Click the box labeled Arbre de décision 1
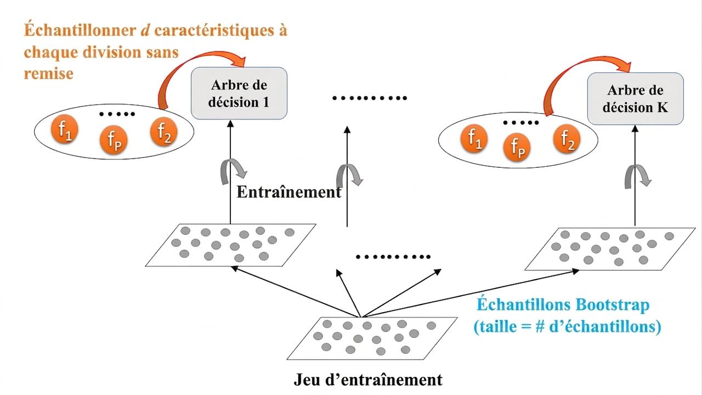(239, 93)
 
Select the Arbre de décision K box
(635, 99)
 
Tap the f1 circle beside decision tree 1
(65, 129)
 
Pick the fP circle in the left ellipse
(114, 139)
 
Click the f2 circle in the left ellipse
(163, 132)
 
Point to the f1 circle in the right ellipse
(474, 138)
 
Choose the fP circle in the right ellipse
(517, 147)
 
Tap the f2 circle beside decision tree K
(567, 139)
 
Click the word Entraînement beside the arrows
(288, 192)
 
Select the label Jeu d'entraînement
(368, 380)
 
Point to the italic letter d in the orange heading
(145, 30)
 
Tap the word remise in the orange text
(49, 74)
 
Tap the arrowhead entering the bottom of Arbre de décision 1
(230, 123)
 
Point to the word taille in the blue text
(498, 326)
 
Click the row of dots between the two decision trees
(370, 98)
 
